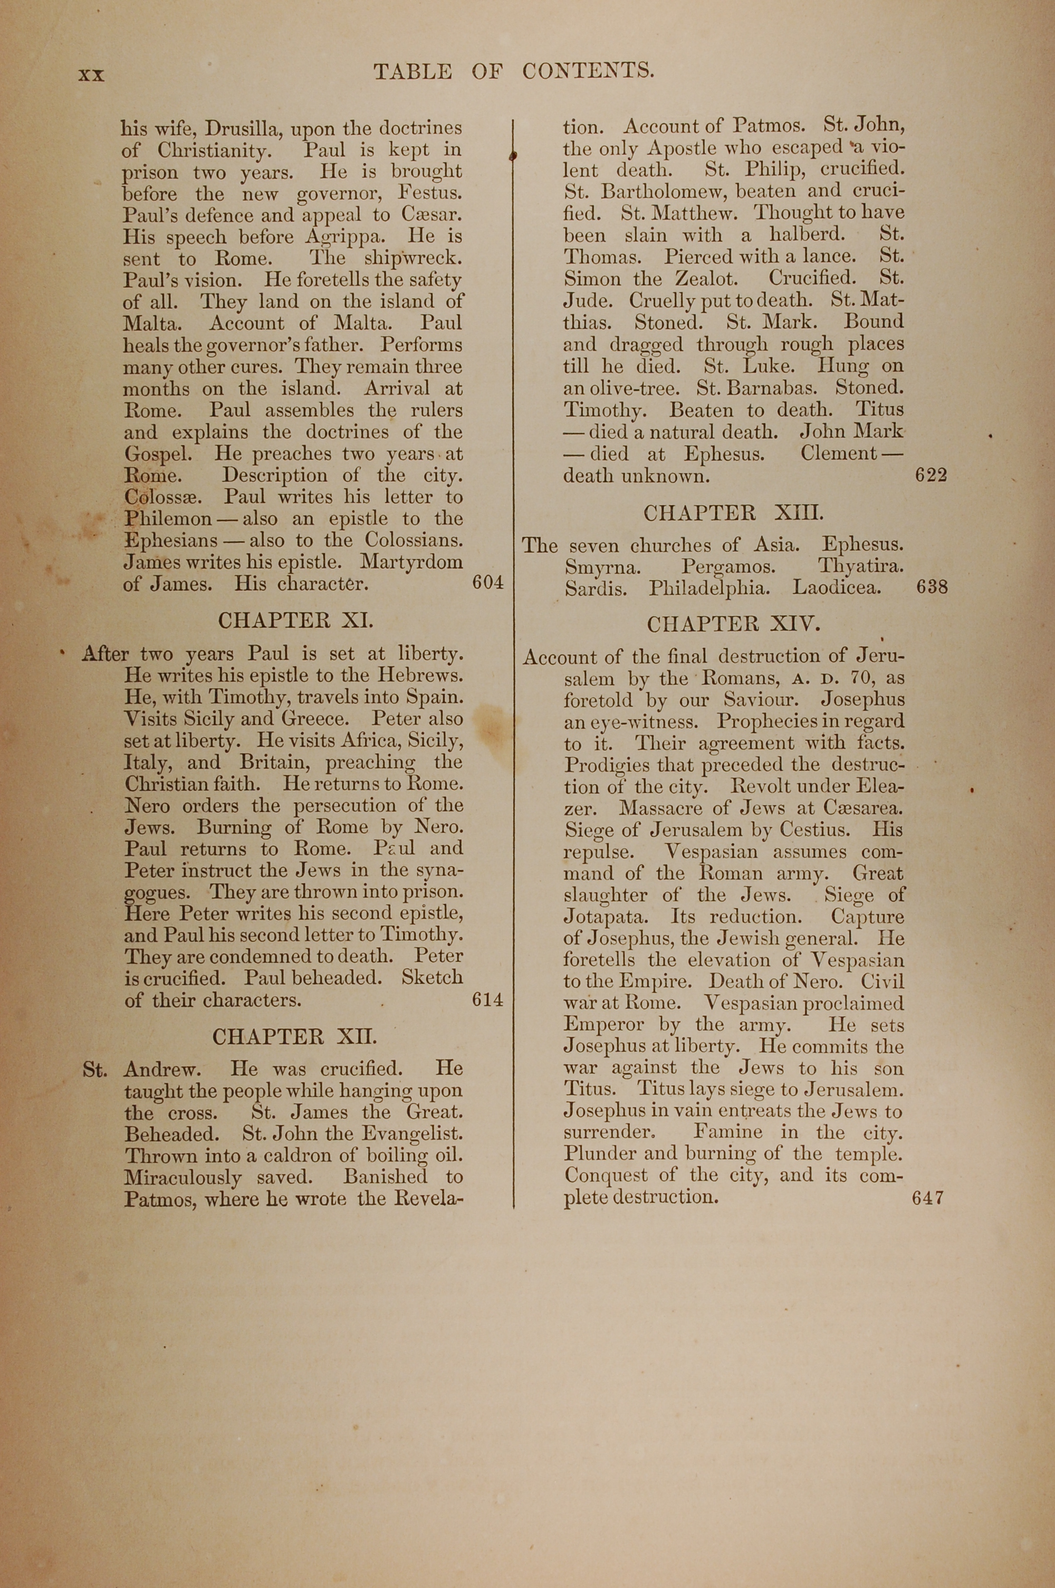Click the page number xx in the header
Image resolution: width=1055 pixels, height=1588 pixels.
pos(91,75)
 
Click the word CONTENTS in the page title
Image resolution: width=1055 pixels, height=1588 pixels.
pos(588,71)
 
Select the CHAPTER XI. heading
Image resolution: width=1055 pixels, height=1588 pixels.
pos(295,620)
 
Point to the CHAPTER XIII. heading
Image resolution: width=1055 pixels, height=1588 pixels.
pos(733,514)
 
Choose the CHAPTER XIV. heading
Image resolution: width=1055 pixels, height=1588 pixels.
pos(733,624)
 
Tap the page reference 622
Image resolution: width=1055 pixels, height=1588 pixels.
pos(931,475)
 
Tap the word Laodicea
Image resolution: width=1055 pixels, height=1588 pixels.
pos(836,587)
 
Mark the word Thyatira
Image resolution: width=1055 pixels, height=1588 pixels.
pos(860,566)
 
